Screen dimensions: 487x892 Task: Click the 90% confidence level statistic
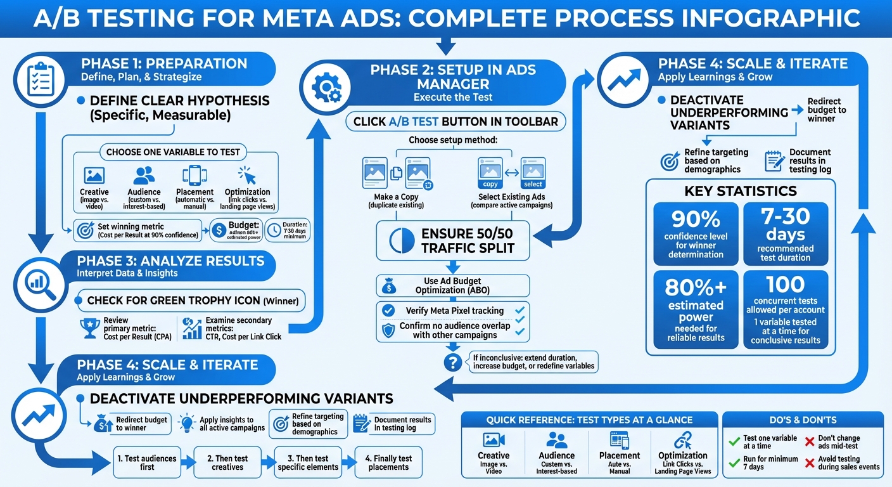click(x=695, y=233)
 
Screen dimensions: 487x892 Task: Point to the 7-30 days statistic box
click(x=786, y=233)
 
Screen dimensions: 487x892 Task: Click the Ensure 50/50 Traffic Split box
click(x=453, y=241)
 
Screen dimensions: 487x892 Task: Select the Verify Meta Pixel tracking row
click(x=453, y=311)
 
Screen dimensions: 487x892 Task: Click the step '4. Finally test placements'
click(x=388, y=462)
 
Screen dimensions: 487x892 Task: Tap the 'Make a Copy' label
click(x=397, y=201)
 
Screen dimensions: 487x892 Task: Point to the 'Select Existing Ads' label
click(x=512, y=201)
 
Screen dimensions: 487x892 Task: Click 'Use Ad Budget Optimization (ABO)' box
click(x=453, y=286)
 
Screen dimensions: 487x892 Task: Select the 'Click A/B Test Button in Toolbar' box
click(x=456, y=122)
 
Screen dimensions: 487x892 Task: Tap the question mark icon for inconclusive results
click(x=452, y=362)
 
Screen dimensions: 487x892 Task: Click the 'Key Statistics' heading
click(x=740, y=191)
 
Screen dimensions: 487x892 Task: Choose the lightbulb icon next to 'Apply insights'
click(x=187, y=423)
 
